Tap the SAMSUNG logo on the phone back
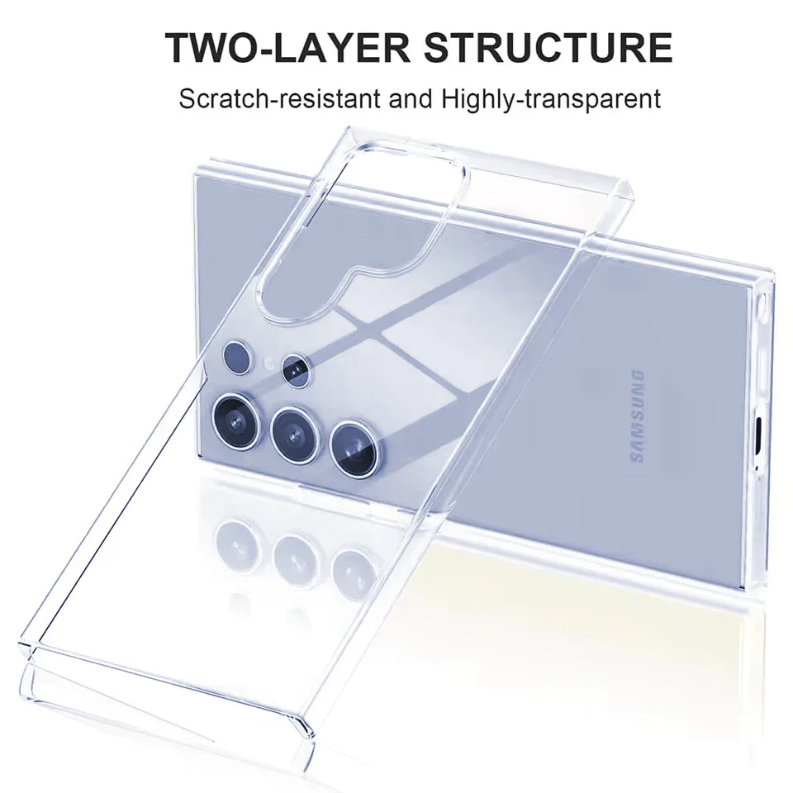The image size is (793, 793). pyautogui.click(x=637, y=416)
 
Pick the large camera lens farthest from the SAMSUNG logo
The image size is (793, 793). pyautogui.click(x=235, y=413)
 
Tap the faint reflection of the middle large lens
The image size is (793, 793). pyautogui.click(x=295, y=551)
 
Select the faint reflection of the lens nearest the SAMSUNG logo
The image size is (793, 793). pyautogui.click(x=353, y=568)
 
